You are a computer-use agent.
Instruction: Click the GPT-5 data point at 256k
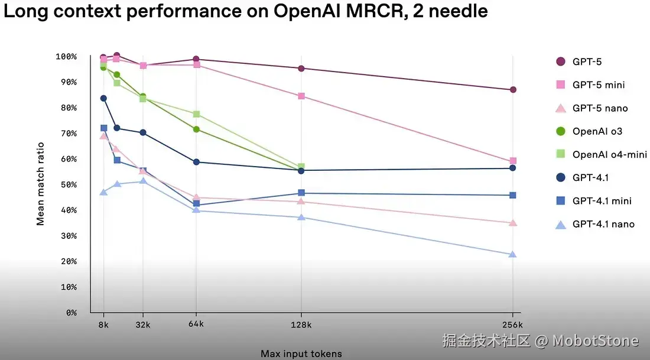point(513,90)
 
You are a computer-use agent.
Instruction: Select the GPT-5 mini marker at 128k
point(301,96)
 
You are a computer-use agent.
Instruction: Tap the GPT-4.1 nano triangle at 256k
point(513,255)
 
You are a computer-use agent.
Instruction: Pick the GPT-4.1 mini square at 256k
point(513,195)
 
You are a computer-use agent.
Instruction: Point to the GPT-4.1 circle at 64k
point(196,162)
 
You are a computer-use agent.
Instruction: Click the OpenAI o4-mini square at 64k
point(196,114)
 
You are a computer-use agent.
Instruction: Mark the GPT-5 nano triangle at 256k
point(513,223)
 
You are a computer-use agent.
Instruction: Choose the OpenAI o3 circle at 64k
point(196,129)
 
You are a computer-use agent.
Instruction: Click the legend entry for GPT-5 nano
point(600,108)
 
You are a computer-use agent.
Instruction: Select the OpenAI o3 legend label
point(597,131)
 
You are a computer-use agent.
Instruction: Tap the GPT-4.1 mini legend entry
point(602,201)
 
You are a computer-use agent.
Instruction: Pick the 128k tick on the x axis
point(301,325)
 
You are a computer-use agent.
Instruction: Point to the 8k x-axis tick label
point(103,325)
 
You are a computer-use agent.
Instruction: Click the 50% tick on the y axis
point(66,184)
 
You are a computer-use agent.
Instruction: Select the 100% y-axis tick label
point(66,57)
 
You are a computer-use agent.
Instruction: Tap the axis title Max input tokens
point(301,353)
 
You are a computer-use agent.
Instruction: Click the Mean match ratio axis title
point(41,184)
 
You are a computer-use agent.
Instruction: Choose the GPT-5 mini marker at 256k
point(513,161)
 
